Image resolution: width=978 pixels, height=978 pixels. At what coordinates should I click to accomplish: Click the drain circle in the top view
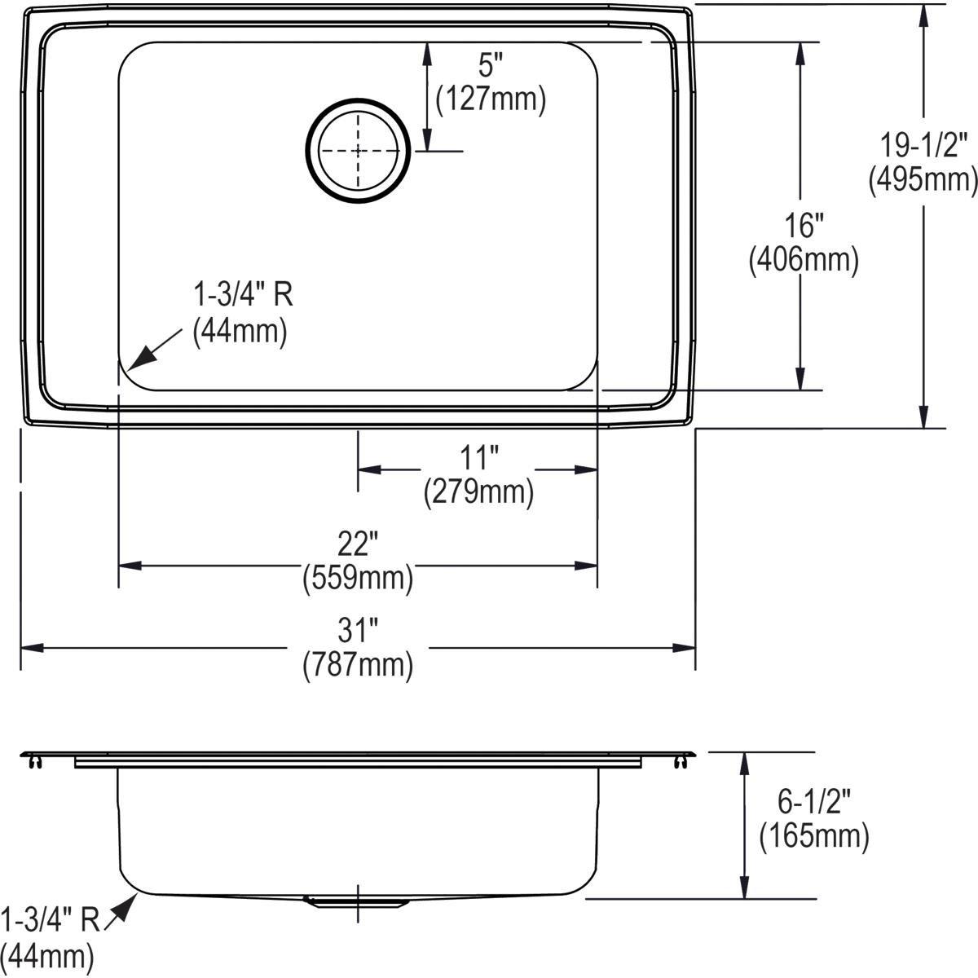pyautogui.click(x=358, y=151)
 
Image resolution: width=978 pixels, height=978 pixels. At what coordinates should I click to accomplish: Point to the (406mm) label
pyautogui.click(x=804, y=260)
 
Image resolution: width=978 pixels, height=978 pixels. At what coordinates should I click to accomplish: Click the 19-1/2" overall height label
pyautogui.click(x=923, y=145)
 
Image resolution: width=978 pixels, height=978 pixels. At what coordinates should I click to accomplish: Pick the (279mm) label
pyautogui.click(x=478, y=492)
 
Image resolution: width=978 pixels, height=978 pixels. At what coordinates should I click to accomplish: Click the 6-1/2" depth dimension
pyautogui.click(x=813, y=802)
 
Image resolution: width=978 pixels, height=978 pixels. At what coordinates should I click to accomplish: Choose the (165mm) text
pyautogui.click(x=813, y=836)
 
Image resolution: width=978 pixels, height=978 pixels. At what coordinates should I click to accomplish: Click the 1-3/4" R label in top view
pyautogui.click(x=242, y=293)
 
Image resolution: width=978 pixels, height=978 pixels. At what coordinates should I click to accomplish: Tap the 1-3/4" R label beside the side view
pyautogui.click(x=51, y=919)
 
